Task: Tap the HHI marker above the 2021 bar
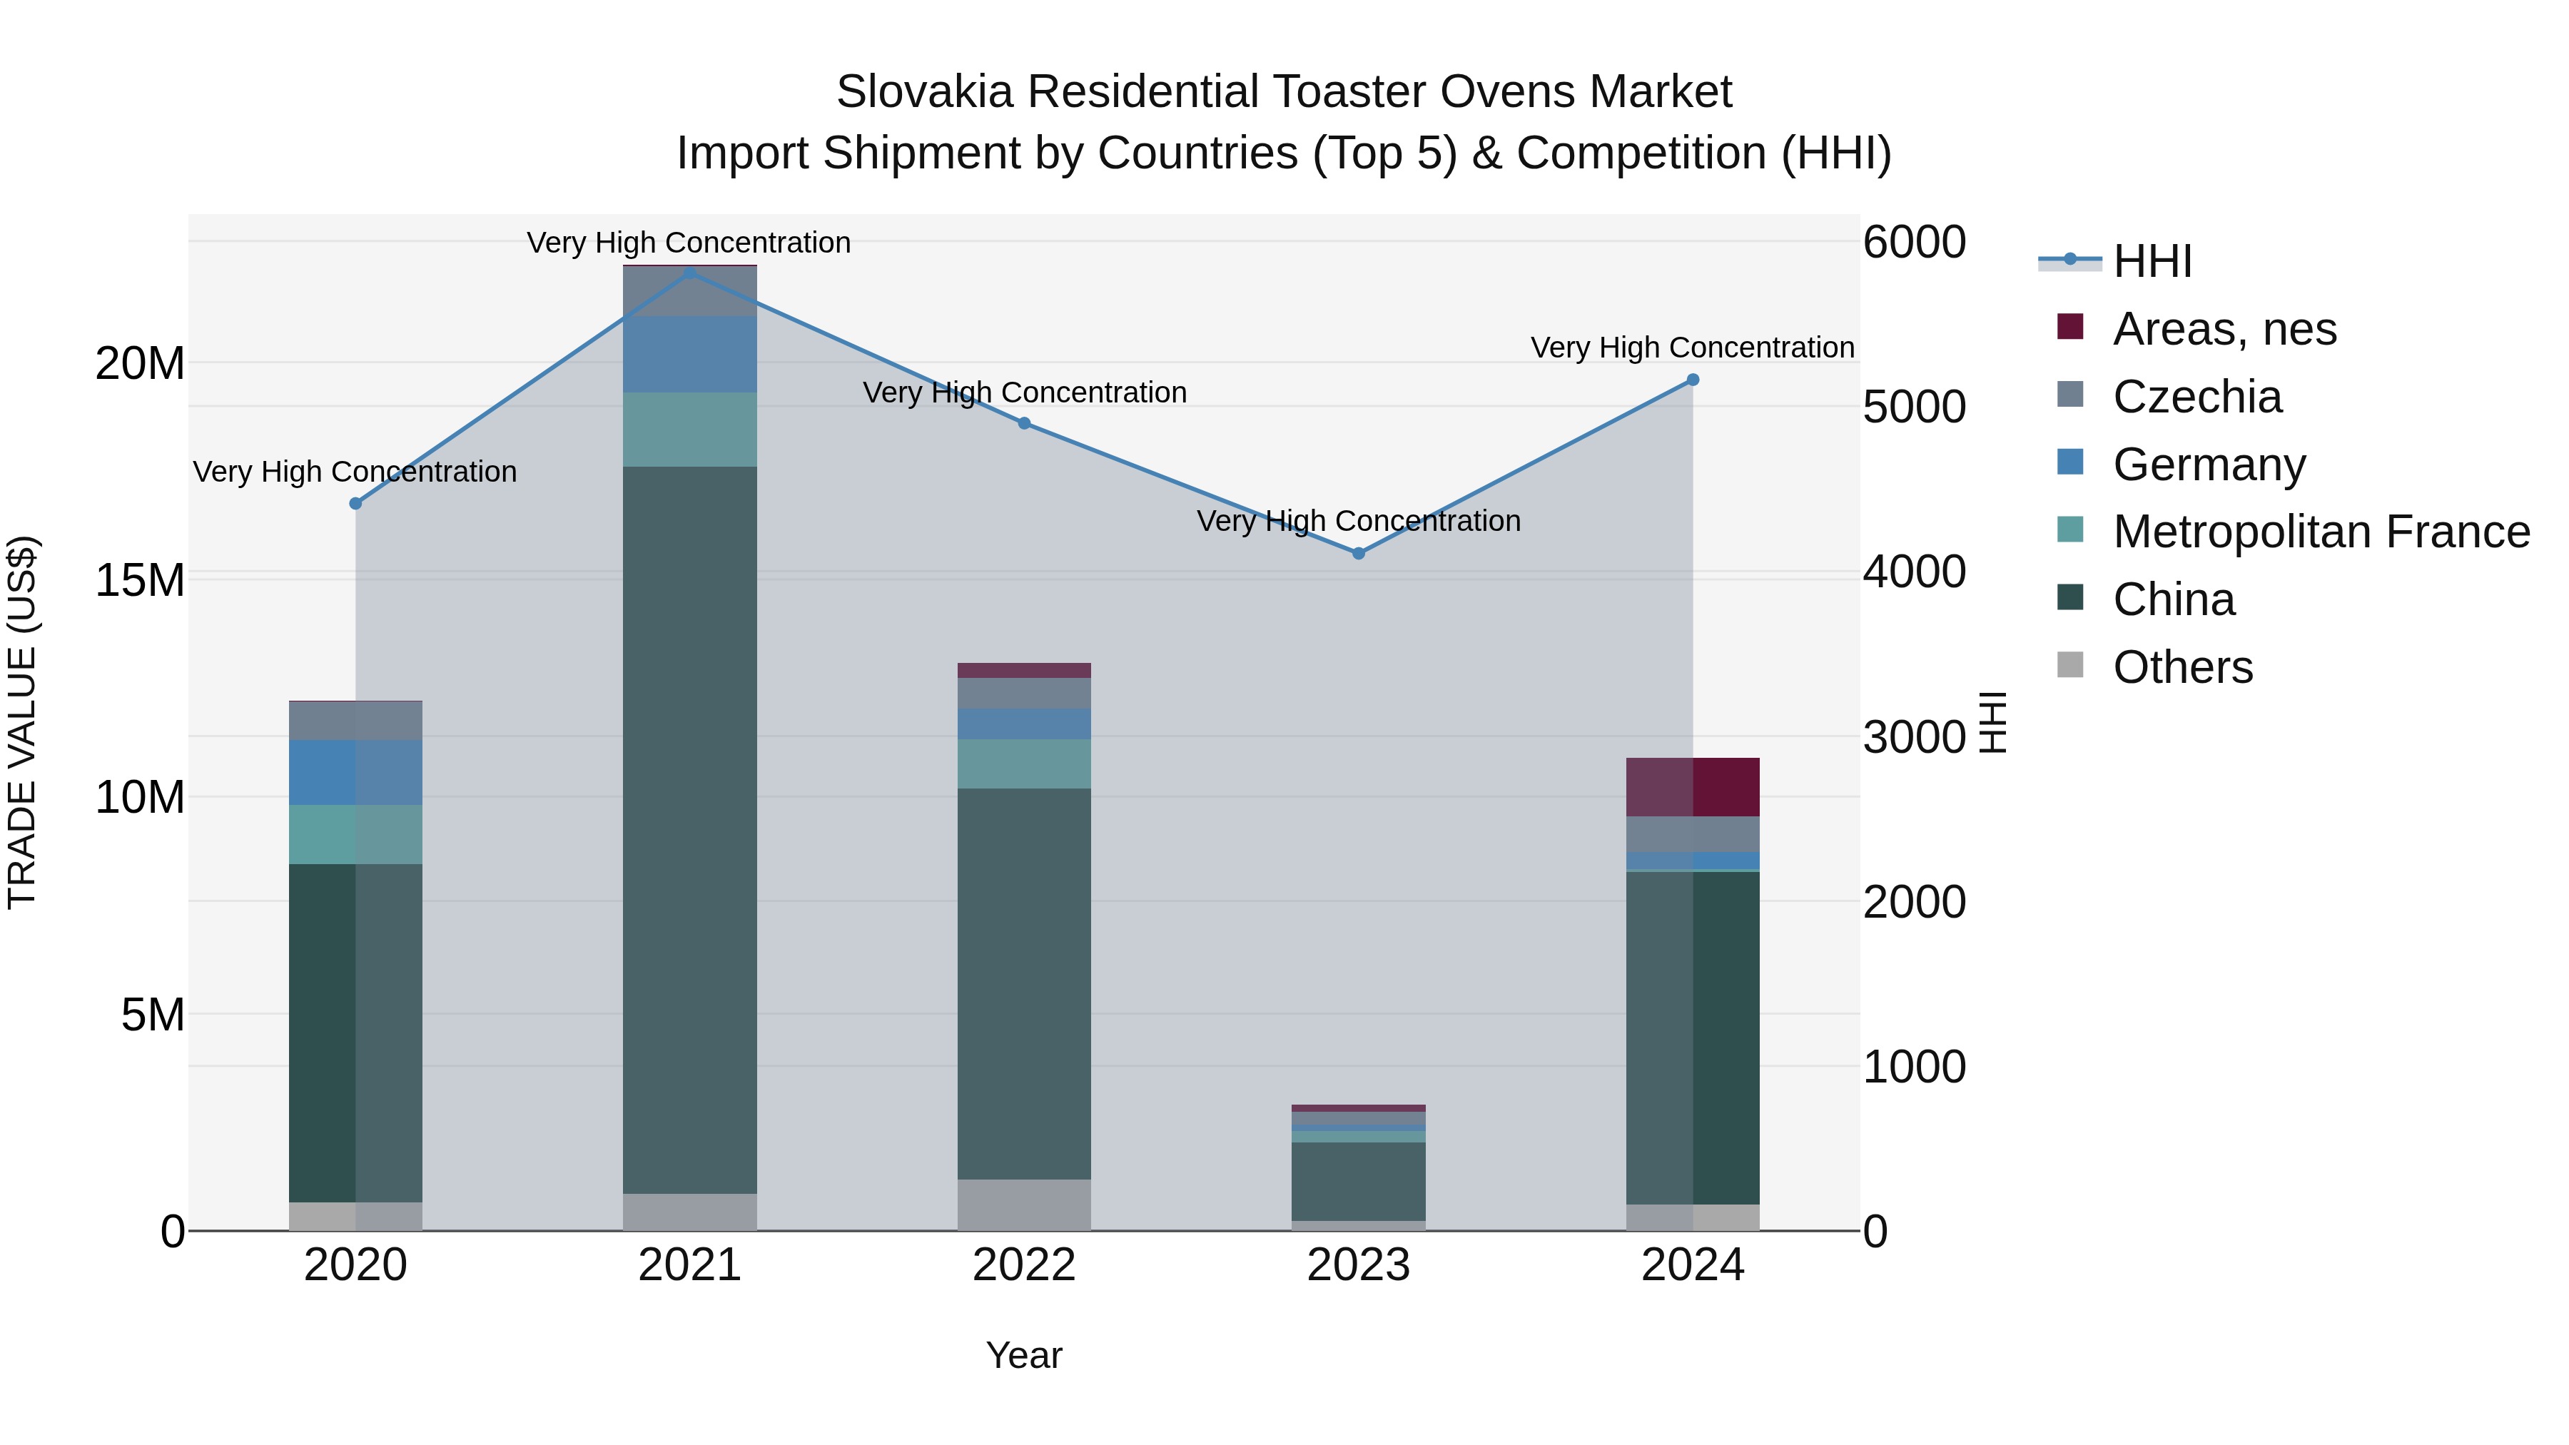click(x=690, y=273)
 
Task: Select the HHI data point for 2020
click(x=356, y=504)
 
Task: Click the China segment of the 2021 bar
click(x=690, y=828)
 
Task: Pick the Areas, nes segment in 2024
click(x=1693, y=787)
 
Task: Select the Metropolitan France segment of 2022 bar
click(x=1024, y=763)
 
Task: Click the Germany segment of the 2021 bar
click(x=690, y=354)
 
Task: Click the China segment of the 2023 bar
click(x=1358, y=1181)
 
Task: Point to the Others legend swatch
click(x=2070, y=665)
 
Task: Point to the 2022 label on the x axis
click(x=1024, y=1265)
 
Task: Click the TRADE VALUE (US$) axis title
click(x=22, y=722)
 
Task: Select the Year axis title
click(x=1024, y=1355)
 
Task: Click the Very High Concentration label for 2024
click(x=1693, y=348)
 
